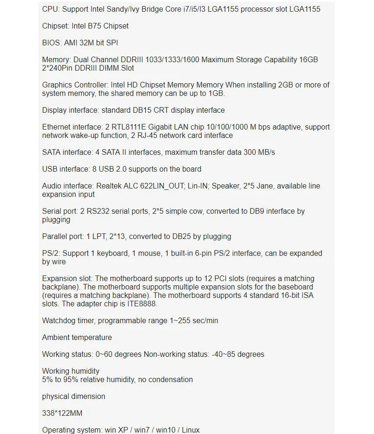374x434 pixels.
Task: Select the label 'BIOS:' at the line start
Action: [x=52, y=43]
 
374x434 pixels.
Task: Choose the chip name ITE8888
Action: [x=144, y=304]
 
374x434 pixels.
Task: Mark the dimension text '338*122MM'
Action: [x=63, y=413]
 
